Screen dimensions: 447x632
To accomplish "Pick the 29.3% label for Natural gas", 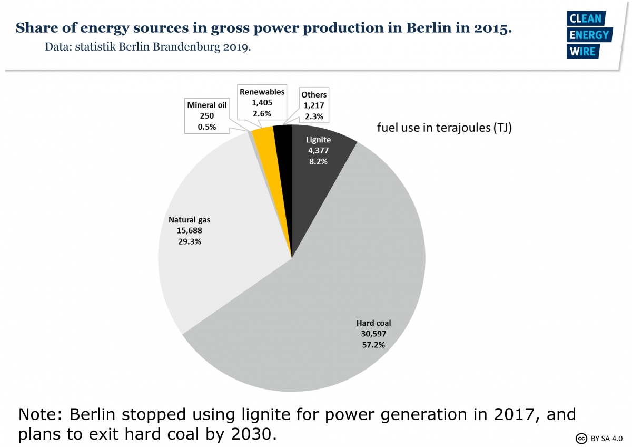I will (189, 241).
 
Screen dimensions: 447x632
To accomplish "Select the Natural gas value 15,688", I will (189, 231).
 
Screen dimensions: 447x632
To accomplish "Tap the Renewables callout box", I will (262, 103).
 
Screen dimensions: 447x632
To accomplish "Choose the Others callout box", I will (314, 105).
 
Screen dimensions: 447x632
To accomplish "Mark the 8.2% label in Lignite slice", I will (318, 161).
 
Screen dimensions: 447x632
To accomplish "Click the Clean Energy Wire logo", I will (589, 35).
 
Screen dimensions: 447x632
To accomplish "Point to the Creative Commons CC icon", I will (581, 438).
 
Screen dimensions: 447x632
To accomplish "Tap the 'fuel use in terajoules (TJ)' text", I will (444, 128).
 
